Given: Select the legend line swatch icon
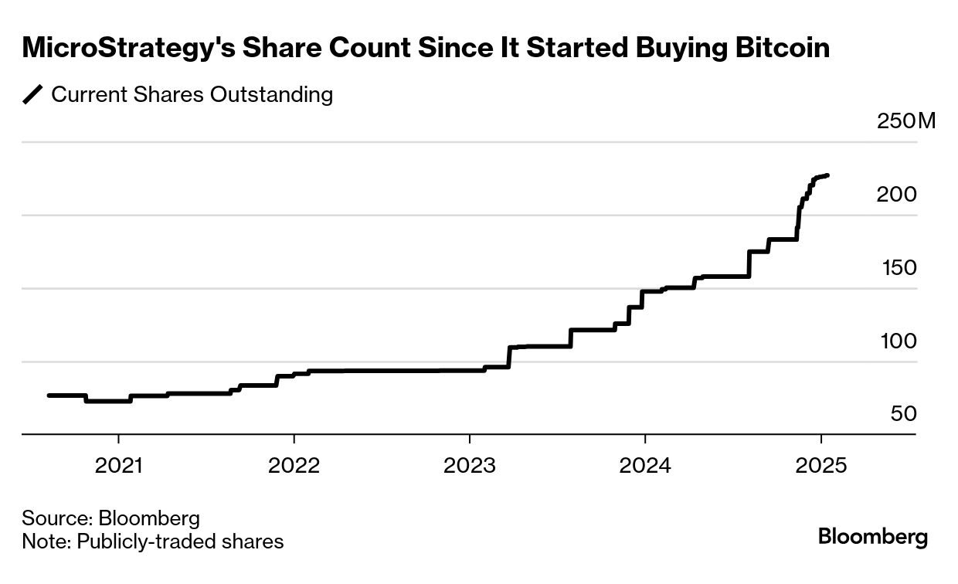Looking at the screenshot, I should (33, 95).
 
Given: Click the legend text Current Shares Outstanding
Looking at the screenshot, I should (192, 95).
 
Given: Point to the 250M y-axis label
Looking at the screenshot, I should (905, 121).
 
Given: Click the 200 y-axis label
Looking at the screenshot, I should (896, 195).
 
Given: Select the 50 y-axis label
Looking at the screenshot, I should (903, 414).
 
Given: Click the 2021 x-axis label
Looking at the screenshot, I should (118, 466).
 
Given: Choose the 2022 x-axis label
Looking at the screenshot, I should (294, 466).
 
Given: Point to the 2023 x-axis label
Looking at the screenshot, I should (469, 466).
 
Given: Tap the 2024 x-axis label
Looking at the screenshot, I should (644, 466).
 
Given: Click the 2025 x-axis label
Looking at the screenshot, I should (820, 466).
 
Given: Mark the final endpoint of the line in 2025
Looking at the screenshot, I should (828, 175).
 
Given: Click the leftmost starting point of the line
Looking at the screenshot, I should (49, 396).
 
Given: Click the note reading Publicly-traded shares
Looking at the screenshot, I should (180, 542).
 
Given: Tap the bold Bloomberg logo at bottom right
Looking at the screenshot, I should (872, 536).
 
